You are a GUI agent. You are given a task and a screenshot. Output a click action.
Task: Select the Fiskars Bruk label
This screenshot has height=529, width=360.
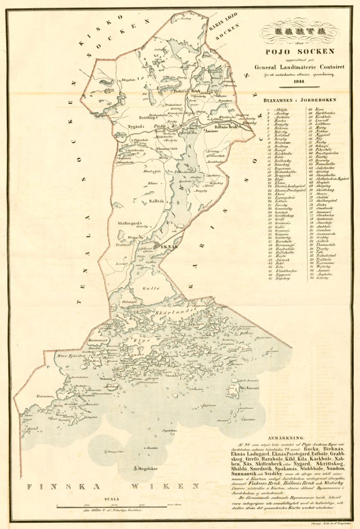pyautogui.click(x=185, y=91)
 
